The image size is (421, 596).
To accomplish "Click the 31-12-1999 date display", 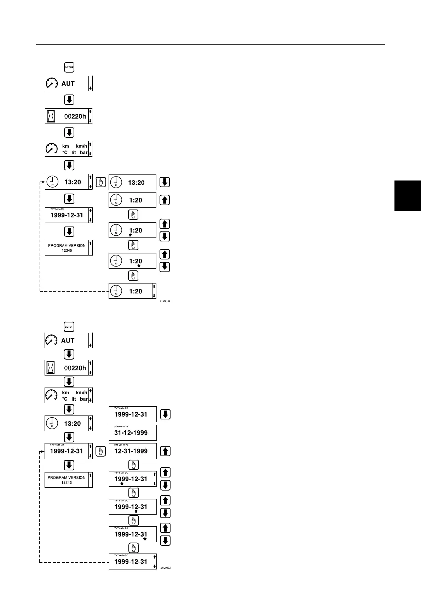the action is [133, 432].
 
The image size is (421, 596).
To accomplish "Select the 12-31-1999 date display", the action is [133, 451].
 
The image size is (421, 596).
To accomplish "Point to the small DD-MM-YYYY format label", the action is [121, 426].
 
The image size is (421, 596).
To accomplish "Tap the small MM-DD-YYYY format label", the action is [121, 445].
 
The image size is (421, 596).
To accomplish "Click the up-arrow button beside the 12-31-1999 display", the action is [165, 451].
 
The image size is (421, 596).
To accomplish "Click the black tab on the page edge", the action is [408, 196].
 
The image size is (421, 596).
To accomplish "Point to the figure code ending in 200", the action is [165, 568].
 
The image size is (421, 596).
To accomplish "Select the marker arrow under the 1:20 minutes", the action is [139, 265].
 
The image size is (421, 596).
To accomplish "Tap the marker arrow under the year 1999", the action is [122, 484].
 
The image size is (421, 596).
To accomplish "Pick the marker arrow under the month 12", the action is [136, 511].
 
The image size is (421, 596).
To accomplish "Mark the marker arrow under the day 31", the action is [145, 539].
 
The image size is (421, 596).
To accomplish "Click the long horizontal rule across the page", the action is [210, 44].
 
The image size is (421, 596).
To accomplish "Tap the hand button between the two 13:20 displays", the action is [101, 183].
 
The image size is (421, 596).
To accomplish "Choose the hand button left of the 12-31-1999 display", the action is [101, 452].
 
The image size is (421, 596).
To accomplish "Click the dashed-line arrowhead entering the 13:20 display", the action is [43, 182].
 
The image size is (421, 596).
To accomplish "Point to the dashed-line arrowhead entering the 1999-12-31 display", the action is [42, 451].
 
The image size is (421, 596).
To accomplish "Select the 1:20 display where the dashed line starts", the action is [132, 291].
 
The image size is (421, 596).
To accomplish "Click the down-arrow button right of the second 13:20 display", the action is [165, 182].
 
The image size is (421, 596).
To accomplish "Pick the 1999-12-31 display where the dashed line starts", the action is [133, 561].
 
